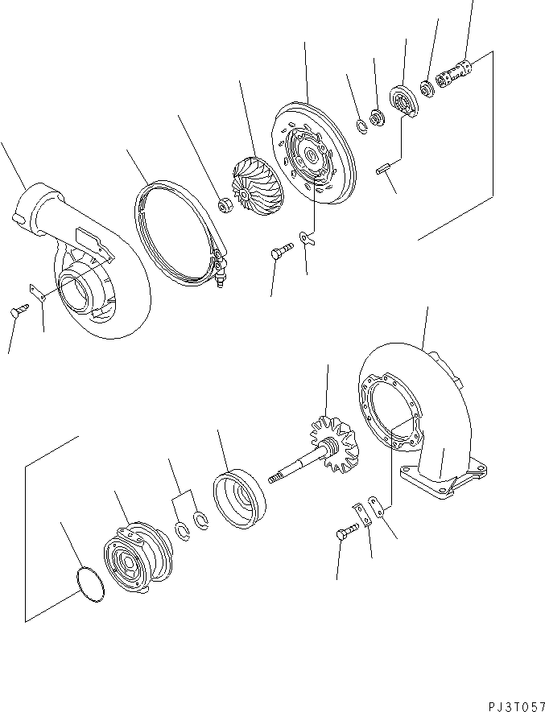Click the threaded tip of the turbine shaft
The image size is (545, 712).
coord(274,479)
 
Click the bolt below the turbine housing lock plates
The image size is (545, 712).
coord(341,536)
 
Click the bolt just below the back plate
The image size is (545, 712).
coord(277,253)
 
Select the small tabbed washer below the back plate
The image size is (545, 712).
coord(303,238)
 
